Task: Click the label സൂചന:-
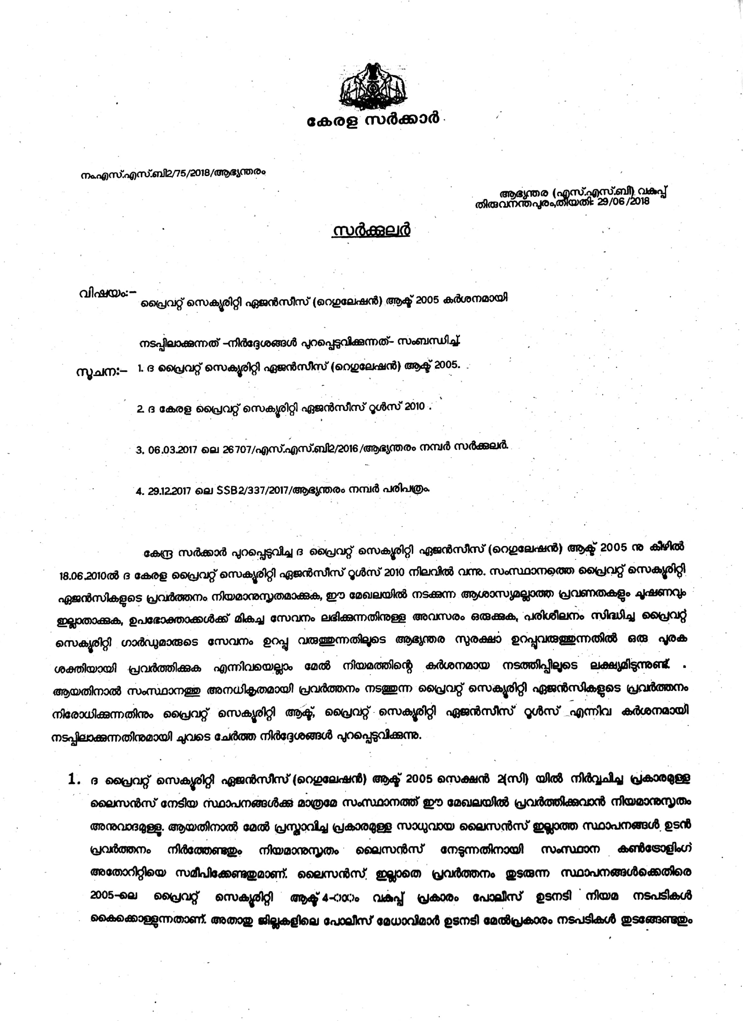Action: click(101, 372)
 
